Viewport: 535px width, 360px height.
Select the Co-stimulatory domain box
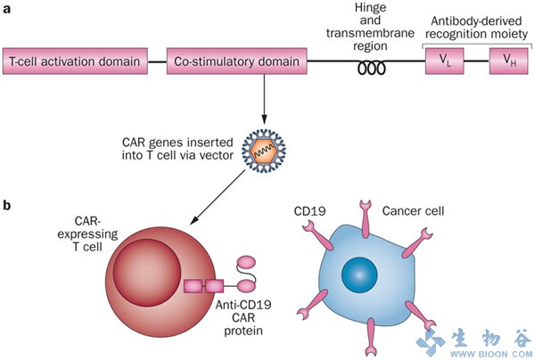pos(235,62)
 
